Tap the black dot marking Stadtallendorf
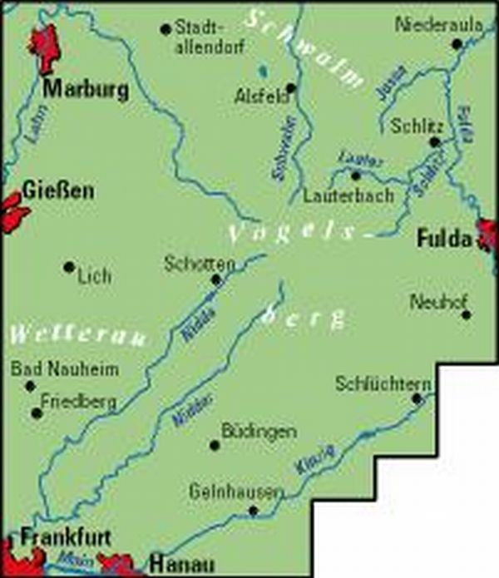point(165,29)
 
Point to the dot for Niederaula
point(456,43)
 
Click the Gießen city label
point(58,190)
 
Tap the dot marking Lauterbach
point(355,175)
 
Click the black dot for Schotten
point(216,279)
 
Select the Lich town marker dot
point(68,267)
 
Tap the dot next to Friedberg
point(36,413)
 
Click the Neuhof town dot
point(466,315)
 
